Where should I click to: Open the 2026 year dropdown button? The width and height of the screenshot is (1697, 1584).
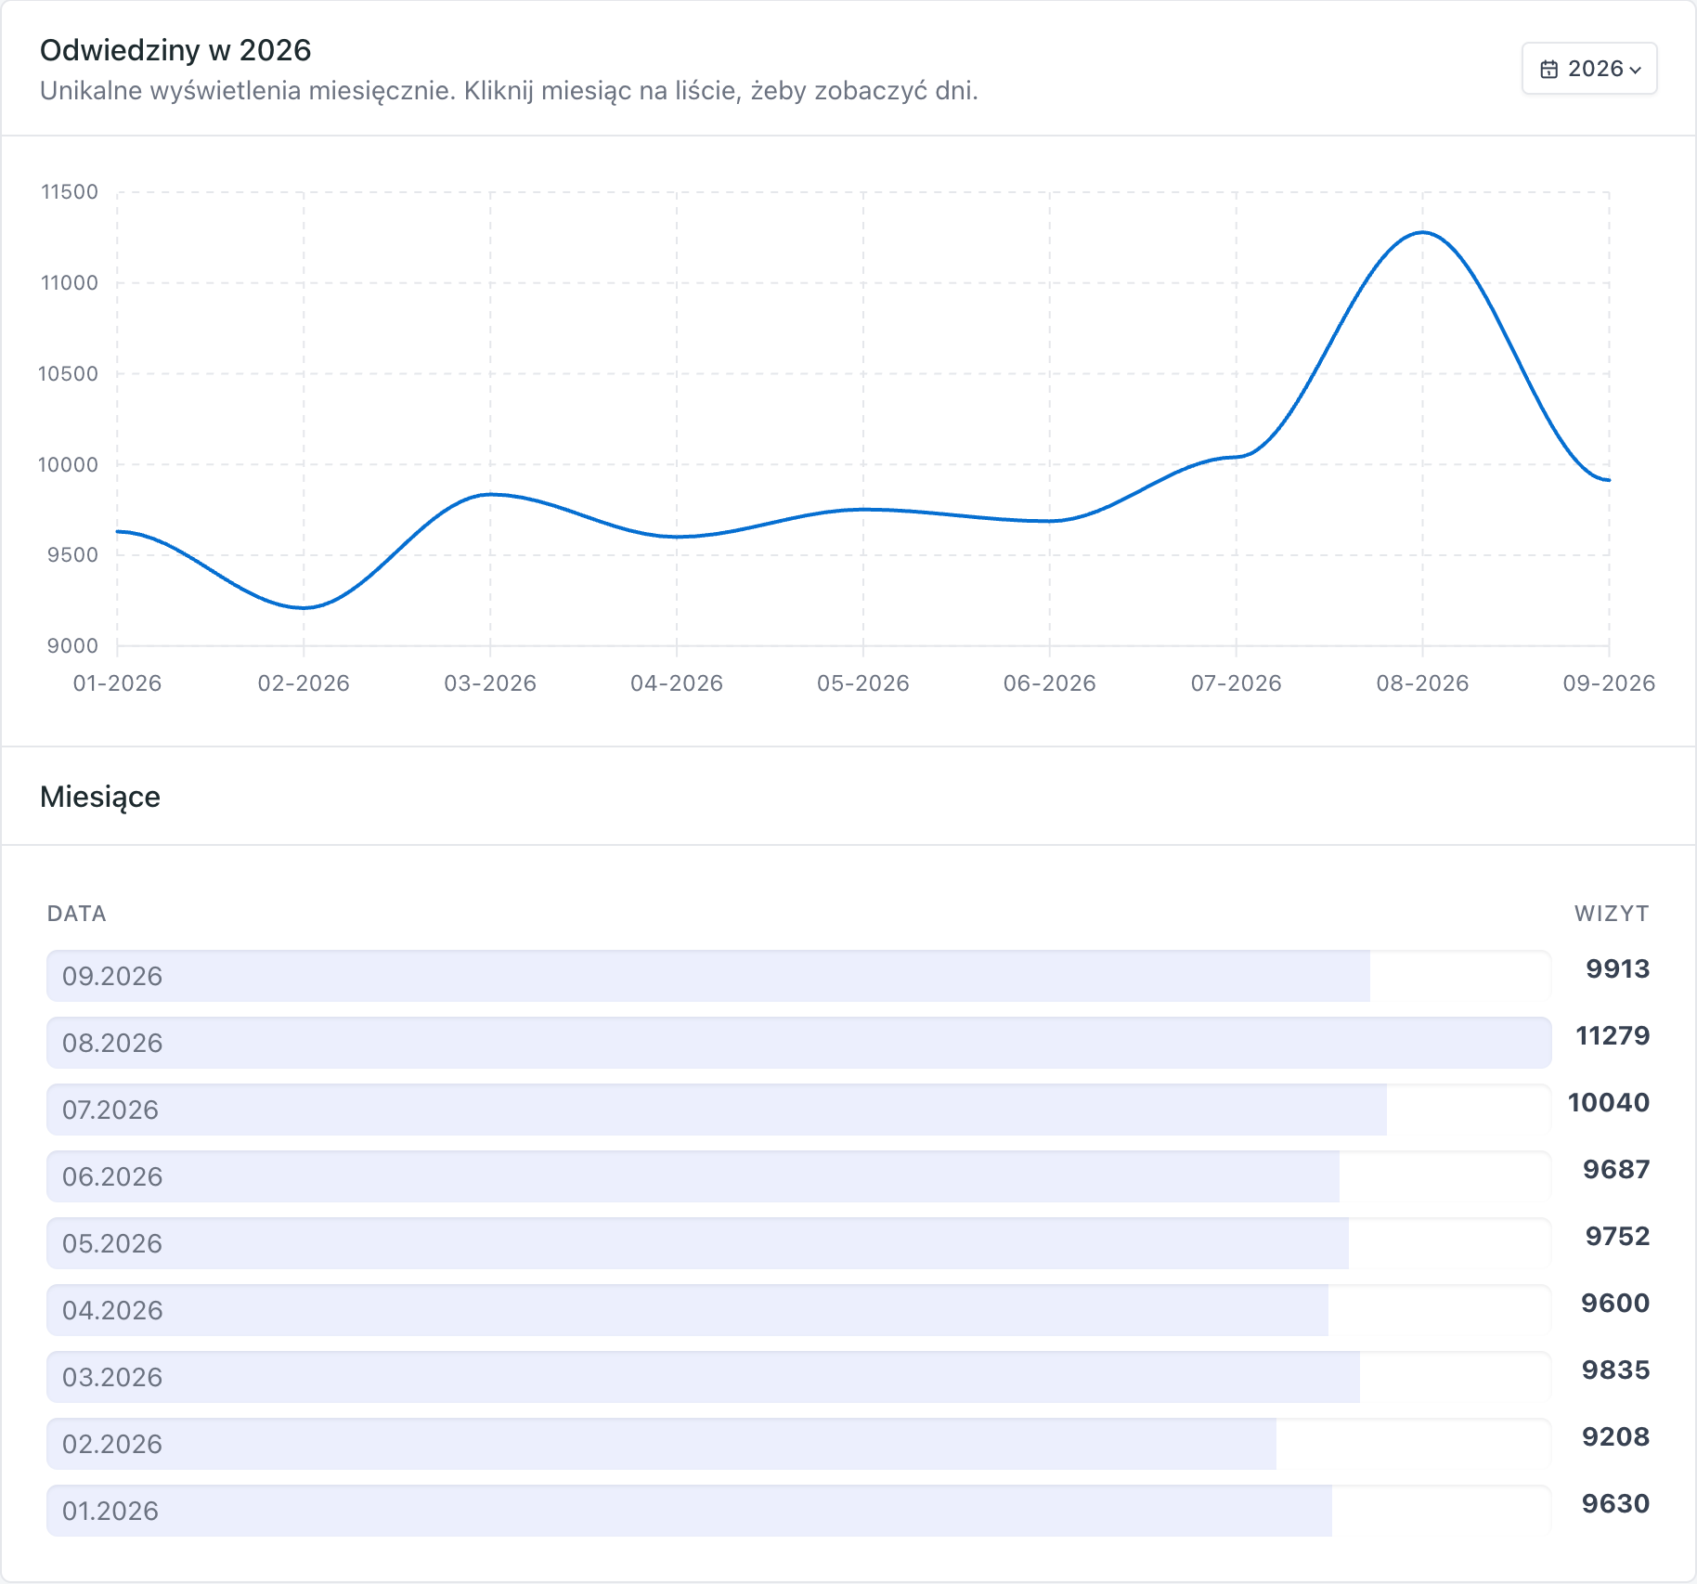click(1589, 69)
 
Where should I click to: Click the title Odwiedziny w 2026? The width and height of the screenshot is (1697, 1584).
click(175, 50)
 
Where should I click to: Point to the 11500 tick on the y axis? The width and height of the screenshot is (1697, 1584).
click(70, 192)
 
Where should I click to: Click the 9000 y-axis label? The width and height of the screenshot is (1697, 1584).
click(72, 646)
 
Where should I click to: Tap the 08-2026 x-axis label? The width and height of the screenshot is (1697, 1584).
click(1422, 683)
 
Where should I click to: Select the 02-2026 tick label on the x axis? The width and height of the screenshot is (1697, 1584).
click(304, 683)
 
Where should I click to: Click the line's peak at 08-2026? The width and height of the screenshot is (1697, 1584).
click(1422, 232)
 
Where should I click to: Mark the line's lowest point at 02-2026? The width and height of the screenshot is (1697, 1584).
click(304, 608)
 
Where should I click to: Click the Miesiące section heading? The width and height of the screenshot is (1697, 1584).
click(100, 797)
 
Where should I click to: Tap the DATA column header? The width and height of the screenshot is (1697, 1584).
click(77, 914)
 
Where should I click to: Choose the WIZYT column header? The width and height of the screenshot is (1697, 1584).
click(1612, 914)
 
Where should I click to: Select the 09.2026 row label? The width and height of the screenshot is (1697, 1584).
click(112, 976)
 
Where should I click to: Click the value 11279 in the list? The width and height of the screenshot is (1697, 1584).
click(1613, 1035)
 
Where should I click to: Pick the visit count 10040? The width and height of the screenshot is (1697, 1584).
click(1609, 1102)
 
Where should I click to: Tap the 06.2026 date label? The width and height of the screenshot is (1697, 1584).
click(112, 1176)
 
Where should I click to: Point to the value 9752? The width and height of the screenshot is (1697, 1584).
click(1617, 1236)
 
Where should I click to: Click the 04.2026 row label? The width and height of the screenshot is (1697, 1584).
click(112, 1310)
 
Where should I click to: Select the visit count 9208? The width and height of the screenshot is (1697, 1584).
click(1615, 1436)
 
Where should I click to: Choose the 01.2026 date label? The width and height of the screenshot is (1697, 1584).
click(110, 1511)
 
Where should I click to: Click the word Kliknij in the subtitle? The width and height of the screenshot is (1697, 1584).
click(499, 91)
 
